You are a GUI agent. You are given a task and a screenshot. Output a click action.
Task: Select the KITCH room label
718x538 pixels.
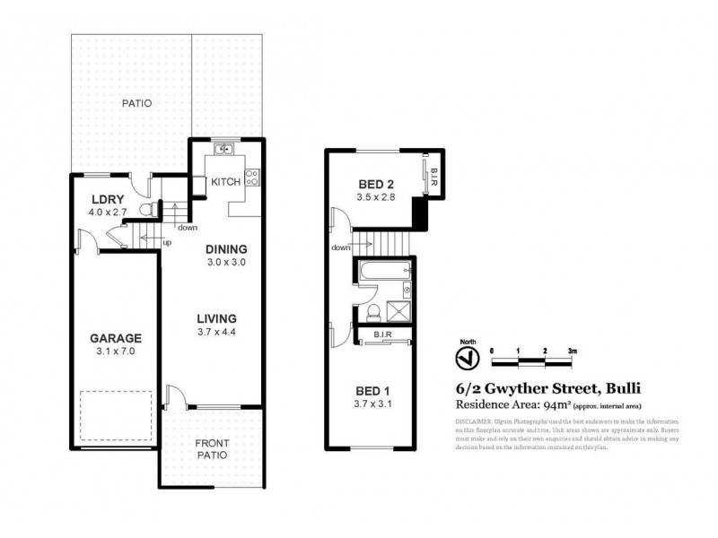point(224,182)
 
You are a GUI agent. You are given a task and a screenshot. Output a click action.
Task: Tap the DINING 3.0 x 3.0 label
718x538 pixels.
point(225,256)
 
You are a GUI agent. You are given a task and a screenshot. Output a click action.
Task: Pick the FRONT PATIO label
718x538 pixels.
point(213,448)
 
